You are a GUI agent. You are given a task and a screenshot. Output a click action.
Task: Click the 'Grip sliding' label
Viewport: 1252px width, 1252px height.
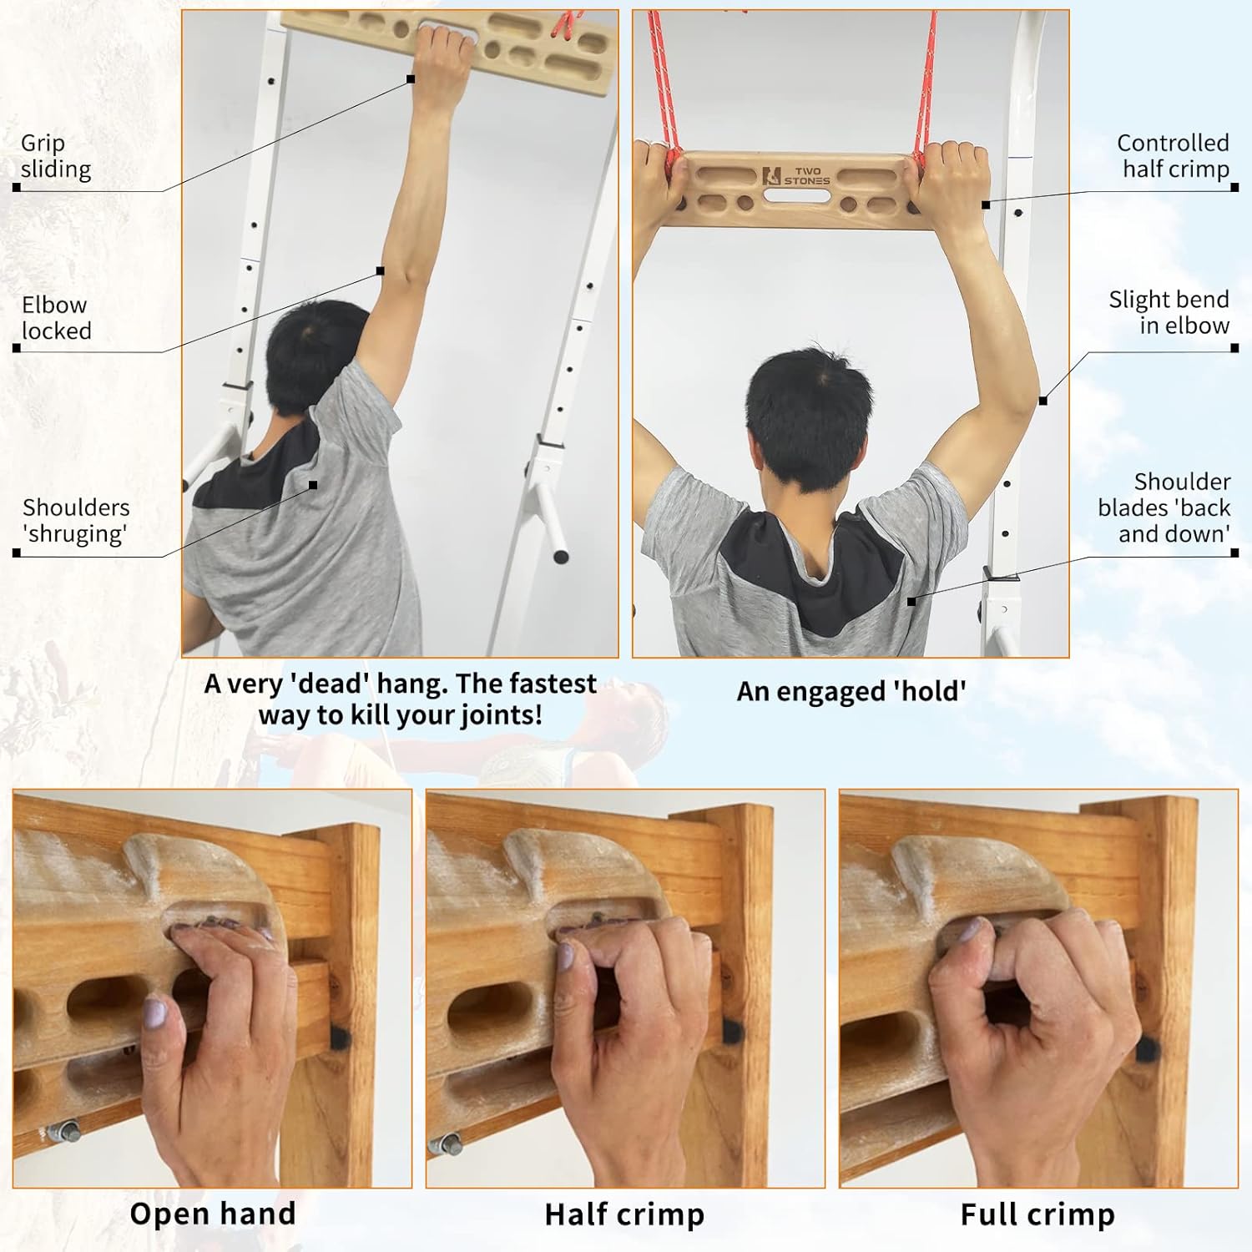pos(56,156)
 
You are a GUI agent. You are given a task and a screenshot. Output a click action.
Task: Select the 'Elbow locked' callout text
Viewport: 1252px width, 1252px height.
pos(56,318)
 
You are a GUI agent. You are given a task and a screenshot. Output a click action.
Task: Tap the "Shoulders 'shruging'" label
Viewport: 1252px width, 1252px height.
pos(76,520)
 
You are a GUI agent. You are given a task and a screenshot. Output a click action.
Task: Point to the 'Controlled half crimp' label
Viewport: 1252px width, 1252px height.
pos(1174,156)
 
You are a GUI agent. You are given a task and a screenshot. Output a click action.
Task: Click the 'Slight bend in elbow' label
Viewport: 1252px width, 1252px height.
pos(1169,312)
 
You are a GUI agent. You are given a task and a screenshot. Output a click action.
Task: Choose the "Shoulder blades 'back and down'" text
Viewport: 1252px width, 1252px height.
pos(1164,507)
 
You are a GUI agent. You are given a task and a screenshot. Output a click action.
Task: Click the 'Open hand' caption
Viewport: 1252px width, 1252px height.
pos(213,1214)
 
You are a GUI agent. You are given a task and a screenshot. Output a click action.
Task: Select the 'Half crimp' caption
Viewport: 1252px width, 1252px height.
pos(624,1214)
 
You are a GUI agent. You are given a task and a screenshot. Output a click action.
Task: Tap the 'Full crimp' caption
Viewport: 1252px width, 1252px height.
pos(1037,1214)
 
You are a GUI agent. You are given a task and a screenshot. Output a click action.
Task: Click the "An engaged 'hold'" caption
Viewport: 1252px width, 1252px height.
pos(851,692)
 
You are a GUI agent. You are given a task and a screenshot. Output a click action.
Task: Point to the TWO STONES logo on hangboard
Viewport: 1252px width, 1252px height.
pos(796,176)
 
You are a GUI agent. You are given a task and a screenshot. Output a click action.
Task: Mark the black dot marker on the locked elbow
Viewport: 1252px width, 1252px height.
pos(381,270)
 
